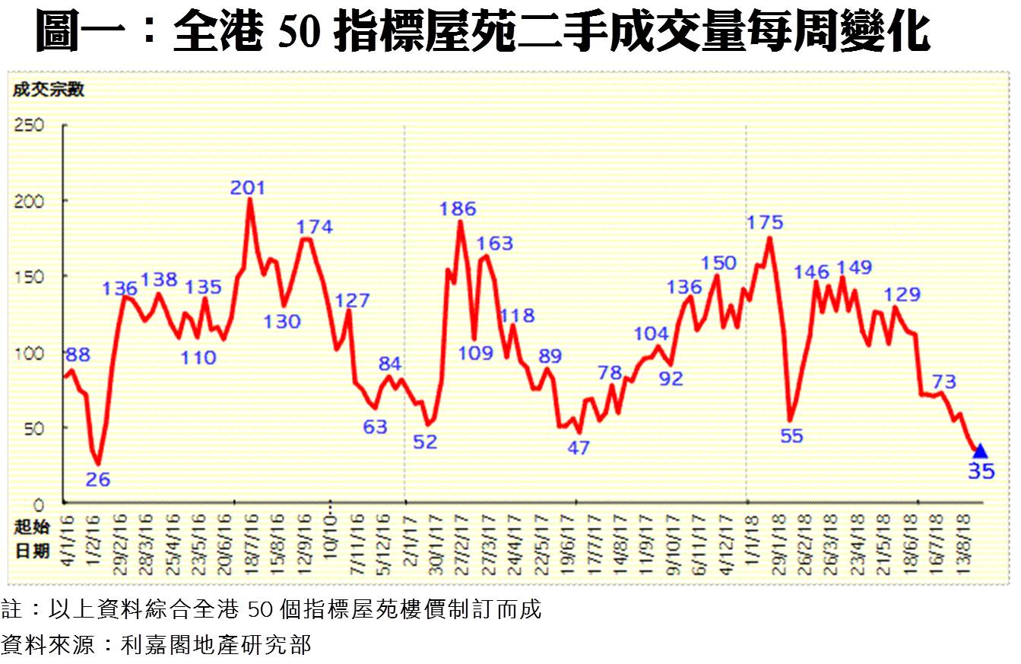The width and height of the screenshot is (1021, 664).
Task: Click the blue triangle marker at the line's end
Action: click(x=980, y=451)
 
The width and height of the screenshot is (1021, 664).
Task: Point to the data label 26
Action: click(x=99, y=480)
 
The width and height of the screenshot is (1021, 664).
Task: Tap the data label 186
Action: click(x=458, y=208)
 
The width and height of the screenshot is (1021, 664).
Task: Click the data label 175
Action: click(x=765, y=223)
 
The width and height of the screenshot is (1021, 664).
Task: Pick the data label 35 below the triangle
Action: click(x=981, y=472)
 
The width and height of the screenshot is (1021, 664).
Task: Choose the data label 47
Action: click(x=579, y=448)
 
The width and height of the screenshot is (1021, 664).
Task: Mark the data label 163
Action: click(x=495, y=244)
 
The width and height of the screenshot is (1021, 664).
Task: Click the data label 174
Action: click(x=314, y=227)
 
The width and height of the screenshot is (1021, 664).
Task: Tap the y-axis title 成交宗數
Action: click(x=49, y=90)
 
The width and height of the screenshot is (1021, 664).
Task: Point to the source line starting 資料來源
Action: click(x=157, y=645)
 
